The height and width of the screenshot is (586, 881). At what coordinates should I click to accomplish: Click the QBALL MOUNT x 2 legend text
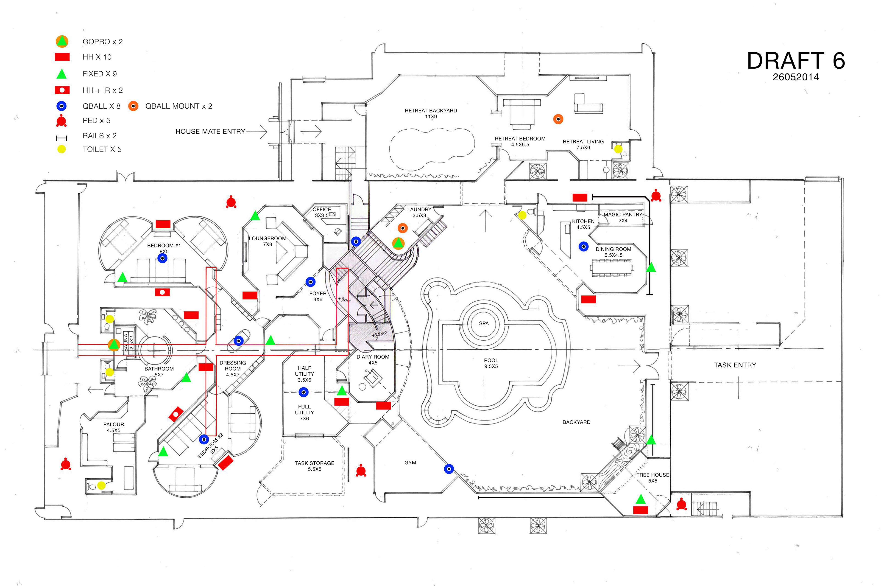[x=178, y=106]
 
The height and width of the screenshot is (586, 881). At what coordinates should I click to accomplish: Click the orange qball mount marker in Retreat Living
[x=558, y=119]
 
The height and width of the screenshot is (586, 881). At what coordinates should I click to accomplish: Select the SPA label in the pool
[x=484, y=323]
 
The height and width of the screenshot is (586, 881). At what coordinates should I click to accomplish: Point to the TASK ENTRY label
[x=735, y=365]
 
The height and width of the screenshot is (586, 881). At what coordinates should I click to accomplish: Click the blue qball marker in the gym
[x=449, y=469]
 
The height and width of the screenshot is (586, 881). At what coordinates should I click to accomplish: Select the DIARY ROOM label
[x=373, y=357]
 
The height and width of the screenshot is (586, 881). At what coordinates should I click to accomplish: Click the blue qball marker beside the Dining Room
[x=583, y=246]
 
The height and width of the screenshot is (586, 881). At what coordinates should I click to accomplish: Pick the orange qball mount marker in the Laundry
[x=403, y=228]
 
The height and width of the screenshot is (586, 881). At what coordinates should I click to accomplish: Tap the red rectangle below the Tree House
[x=641, y=510]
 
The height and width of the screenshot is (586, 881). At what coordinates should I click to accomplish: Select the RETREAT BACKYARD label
[x=431, y=111]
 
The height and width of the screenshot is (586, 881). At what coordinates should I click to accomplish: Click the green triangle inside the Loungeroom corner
[x=255, y=216]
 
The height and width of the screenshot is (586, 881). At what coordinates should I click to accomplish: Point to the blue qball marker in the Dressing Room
[x=239, y=341]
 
